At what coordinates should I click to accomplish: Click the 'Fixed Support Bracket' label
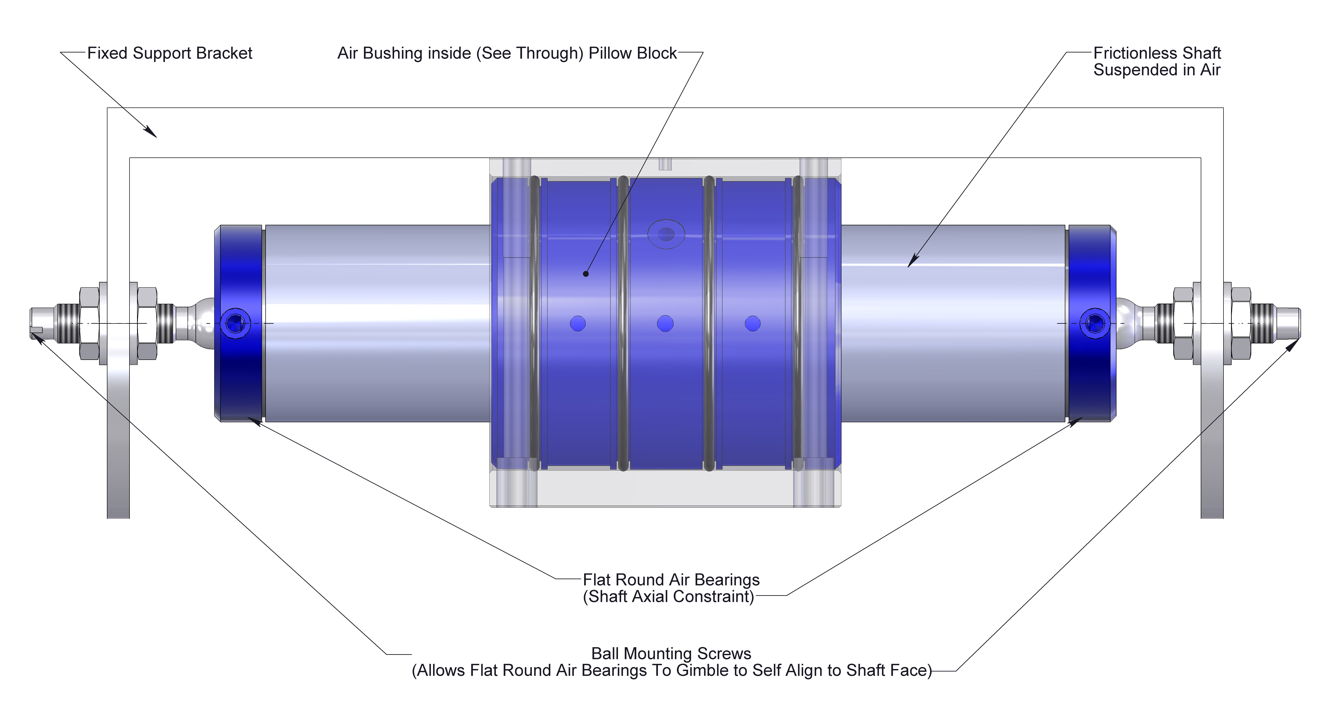[x=169, y=53]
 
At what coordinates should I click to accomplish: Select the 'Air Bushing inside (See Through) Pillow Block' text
[x=506, y=53]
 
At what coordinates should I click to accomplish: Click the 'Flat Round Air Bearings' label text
[x=671, y=579]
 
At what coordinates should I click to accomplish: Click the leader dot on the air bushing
[x=585, y=274]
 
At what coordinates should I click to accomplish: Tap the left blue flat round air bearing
[x=240, y=374]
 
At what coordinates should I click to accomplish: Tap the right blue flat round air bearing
[x=1091, y=374]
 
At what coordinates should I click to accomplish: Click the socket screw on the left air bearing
[x=235, y=323]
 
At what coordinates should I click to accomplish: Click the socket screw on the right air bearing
[x=1095, y=323]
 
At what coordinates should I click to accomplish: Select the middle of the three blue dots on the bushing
[x=665, y=324]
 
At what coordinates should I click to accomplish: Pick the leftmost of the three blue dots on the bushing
[x=578, y=324]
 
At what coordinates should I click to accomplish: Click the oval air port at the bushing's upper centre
[x=666, y=234]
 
